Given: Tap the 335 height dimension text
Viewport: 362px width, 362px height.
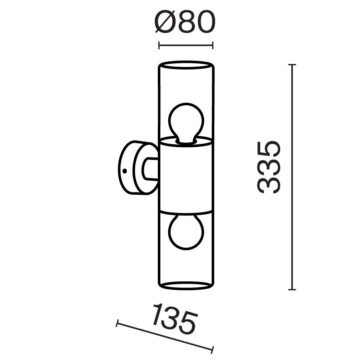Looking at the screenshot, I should coord(269,167).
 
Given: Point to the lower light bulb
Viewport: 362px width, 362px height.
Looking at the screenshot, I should coord(186,231).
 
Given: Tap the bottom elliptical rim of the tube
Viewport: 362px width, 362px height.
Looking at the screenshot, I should coord(186,286).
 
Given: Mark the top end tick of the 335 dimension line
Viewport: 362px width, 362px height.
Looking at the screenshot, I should coord(292,65).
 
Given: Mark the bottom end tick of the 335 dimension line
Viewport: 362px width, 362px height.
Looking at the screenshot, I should coord(292,289).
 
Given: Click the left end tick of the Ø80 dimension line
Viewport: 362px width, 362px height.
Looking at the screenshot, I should coord(160,45).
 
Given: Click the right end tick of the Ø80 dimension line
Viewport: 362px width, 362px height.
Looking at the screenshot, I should coord(212,45).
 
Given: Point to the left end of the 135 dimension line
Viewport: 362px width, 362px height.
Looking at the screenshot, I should coord(117,323).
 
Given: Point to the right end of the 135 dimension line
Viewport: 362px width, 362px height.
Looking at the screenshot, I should coord(213,350).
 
